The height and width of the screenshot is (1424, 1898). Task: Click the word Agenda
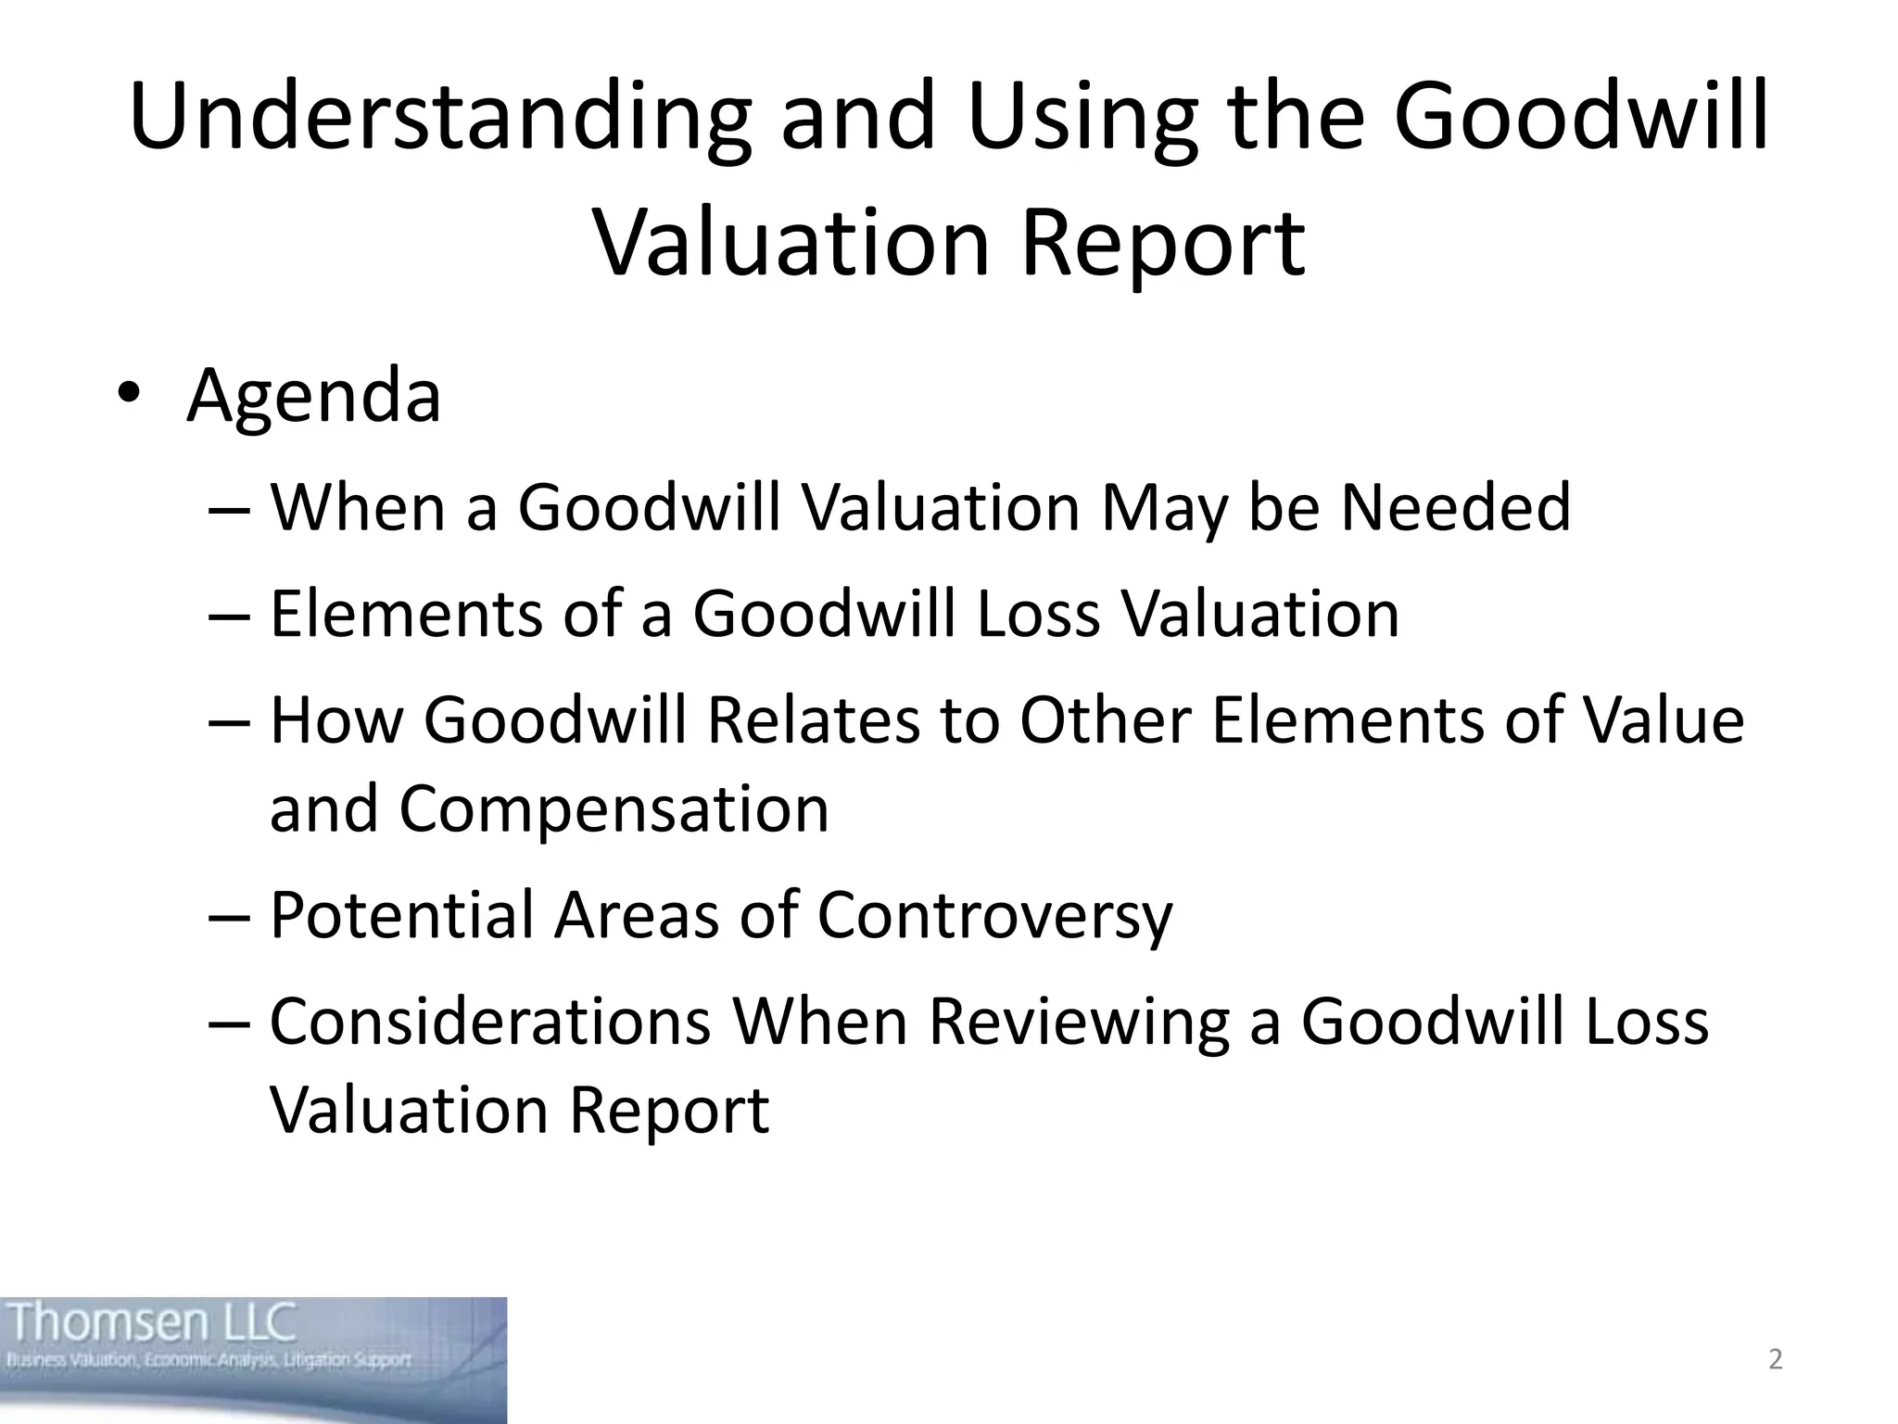pyautogui.click(x=313, y=396)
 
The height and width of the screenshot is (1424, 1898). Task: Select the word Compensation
pyautogui.click(x=614, y=808)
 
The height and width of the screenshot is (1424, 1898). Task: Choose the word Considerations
pyautogui.click(x=490, y=1022)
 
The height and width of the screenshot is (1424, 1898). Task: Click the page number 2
pyautogui.click(x=1775, y=1359)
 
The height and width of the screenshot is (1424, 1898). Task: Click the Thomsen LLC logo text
pyautogui.click(x=153, y=1323)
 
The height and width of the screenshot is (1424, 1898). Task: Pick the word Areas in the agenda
pyautogui.click(x=637, y=915)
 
